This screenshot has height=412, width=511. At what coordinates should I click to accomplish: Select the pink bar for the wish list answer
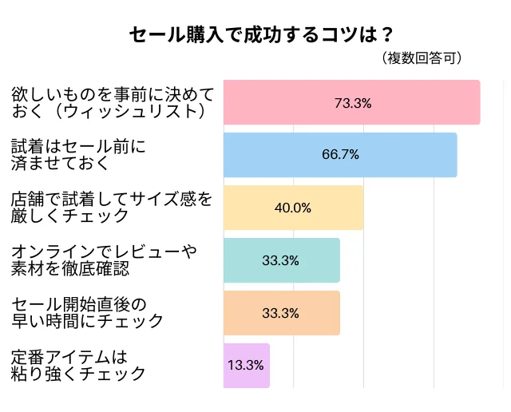[x=351, y=102]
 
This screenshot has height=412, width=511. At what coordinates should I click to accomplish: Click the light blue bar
[x=340, y=155]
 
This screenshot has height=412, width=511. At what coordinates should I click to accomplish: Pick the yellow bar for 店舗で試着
[x=293, y=208]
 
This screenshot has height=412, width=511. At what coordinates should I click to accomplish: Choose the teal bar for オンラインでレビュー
[x=281, y=260]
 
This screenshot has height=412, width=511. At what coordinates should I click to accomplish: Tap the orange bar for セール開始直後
[x=281, y=313]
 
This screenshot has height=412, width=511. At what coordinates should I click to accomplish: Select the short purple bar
[x=247, y=366]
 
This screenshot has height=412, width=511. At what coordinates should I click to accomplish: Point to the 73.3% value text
[x=353, y=103]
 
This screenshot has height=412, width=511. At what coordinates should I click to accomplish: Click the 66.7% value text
[x=340, y=155]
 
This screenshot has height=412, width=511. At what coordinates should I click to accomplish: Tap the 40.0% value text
[x=293, y=208]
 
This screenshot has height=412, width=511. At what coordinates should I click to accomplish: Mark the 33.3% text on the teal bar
[x=281, y=260]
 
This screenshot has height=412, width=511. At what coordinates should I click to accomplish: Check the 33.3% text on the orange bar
[x=281, y=313]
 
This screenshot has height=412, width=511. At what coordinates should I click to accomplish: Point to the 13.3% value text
[x=246, y=366]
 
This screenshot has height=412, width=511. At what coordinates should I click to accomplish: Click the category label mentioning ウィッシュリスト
[x=113, y=103]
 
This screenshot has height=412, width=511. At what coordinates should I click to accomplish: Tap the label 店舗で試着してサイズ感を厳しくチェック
[x=112, y=207]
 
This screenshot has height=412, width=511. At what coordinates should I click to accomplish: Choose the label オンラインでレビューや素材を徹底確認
[x=104, y=260]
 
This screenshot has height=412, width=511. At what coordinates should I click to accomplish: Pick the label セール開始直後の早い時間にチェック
[x=88, y=312]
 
